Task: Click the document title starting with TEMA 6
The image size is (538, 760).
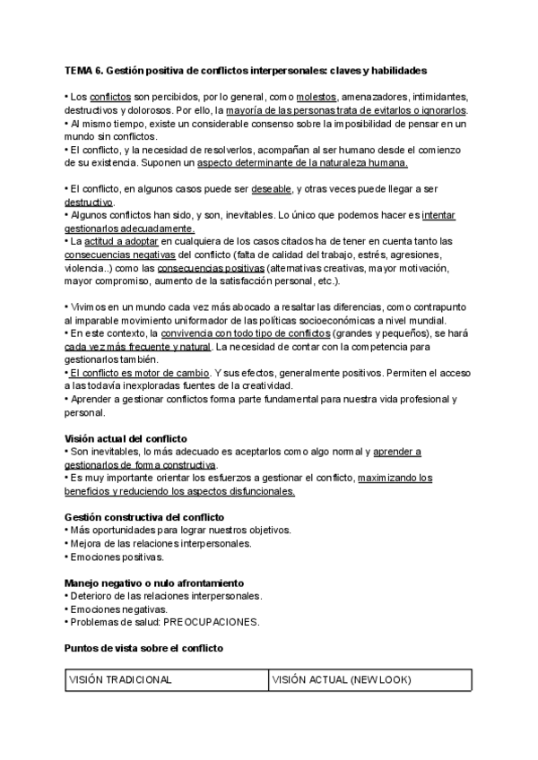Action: click(x=246, y=69)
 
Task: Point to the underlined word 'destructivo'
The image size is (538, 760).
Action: click(x=90, y=203)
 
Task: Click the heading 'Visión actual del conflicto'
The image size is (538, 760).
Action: click(x=126, y=438)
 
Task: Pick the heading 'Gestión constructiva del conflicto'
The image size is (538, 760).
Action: click(x=144, y=517)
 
